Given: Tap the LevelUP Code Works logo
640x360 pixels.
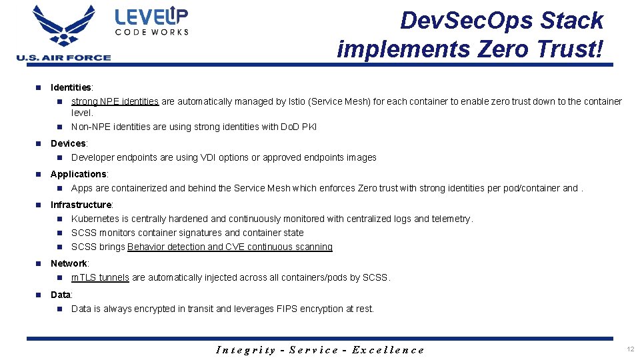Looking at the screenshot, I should coord(152,21).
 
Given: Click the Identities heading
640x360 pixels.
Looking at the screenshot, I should coord(71,87).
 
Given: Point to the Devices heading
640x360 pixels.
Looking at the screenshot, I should coord(68,143).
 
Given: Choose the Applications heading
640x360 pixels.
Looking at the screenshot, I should coord(79,174).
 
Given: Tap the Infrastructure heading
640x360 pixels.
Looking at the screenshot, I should coord(81,205).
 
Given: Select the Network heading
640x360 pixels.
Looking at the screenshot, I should coord(69,263).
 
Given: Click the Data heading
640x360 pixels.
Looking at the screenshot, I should coord(61,295).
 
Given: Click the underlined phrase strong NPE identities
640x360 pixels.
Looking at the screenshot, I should coord(115,101).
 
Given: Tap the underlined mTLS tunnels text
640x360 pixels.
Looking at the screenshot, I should coord(100,277).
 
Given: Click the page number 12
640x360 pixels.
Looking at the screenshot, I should coord(630,349).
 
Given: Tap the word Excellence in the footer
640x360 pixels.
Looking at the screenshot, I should coord(387,349).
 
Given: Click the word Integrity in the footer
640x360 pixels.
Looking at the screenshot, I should coord(246,349).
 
